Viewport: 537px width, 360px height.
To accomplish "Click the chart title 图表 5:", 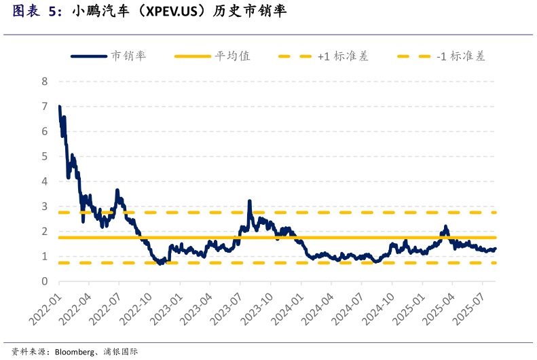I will [x=37, y=12].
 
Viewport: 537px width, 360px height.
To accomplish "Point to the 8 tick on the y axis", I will [x=45, y=82].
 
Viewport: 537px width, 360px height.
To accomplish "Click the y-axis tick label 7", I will [x=45, y=107].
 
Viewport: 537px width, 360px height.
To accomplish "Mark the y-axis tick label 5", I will [x=45, y=156].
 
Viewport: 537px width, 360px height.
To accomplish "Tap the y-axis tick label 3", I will [x=45, y=206].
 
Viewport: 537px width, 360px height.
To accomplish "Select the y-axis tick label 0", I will [x=45, y=281].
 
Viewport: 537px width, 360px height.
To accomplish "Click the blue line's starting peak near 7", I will [x=60, y=107].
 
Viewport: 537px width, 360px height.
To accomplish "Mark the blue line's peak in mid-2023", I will [x=250, y=201].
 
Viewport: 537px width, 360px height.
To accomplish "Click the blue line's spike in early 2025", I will [x=446, y=227].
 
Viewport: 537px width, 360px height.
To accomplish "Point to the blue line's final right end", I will [x=495, y=249].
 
